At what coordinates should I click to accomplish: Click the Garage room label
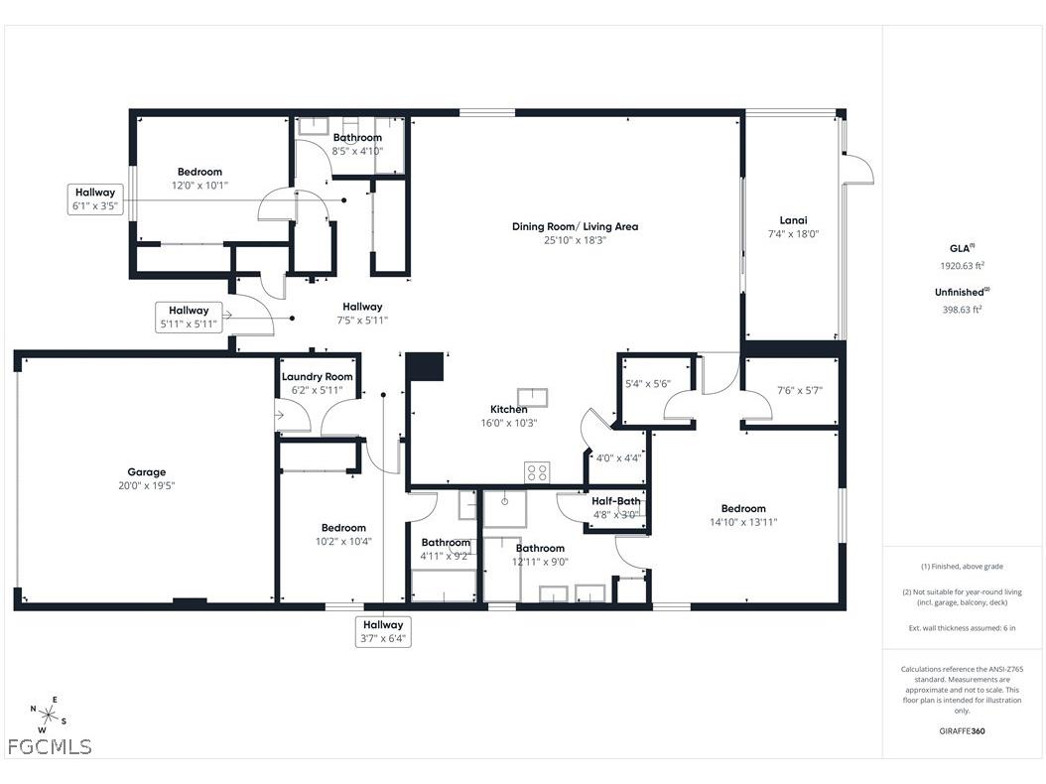(x=146, y=472)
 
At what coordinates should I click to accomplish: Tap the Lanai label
(x=793, y=220)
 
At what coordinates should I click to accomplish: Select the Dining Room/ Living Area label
(x=575, y=226)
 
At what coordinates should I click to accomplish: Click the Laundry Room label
(x=317, y=376)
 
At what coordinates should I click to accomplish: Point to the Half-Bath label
(x=616, y=501)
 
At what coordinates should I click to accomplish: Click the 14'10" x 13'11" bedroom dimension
(x=743, y=522)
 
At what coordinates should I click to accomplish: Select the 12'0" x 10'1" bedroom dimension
(x=199, y=185)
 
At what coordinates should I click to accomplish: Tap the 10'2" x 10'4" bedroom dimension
(x=343, y=541)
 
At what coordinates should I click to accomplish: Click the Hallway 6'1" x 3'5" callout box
(x=94, y=199)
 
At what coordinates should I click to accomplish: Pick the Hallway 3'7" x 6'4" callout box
(x=383, y=631)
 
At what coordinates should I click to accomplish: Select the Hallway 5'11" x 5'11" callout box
(x=189, y=318)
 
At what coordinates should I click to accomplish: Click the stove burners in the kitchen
(x=536, y=472)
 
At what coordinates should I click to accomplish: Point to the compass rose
(x=48, y=714)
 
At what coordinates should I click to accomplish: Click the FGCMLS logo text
(x=50, y=746)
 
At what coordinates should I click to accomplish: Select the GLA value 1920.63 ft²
(x=962, y=266)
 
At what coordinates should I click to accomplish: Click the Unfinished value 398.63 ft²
(x=962, y=310)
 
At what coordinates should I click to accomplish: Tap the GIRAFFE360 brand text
(x=962, y=731)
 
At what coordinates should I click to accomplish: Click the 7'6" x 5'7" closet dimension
(x=799, y=390)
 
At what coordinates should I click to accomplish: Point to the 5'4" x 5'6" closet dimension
(x=648, y=383)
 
